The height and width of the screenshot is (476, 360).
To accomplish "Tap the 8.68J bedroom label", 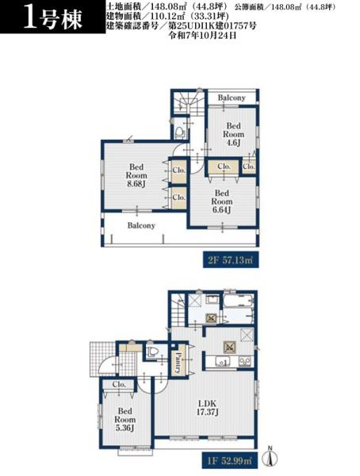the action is point(136,175).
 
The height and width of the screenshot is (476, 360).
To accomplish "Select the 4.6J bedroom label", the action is point(233,134).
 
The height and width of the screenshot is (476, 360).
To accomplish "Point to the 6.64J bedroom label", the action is point(222,202).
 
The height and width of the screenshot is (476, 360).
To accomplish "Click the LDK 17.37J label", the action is point(207,408).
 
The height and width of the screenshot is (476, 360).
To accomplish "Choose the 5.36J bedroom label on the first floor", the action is point(124,420).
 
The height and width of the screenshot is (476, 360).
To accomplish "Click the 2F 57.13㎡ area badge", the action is point(231,259).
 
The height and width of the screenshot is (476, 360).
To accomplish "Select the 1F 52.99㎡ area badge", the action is point(230,461).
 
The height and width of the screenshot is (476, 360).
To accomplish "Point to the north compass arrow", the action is point(270,455).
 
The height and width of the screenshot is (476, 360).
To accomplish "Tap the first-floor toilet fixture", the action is point(152,351).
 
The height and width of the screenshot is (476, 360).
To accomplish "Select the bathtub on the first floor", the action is point(238,301).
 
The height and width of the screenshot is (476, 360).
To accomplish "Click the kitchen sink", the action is point(223,361).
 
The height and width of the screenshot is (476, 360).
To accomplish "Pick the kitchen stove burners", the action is point(245,361).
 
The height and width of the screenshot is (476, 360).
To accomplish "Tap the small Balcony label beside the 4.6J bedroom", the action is point(232,98).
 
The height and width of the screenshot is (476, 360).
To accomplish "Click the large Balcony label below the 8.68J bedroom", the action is point(141,225).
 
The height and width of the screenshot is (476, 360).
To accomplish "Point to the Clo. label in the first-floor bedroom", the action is point(119,384).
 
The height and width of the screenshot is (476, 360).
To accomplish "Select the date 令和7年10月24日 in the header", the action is point(202,36).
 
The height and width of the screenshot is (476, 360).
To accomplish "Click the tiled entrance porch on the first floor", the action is point(102,359).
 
